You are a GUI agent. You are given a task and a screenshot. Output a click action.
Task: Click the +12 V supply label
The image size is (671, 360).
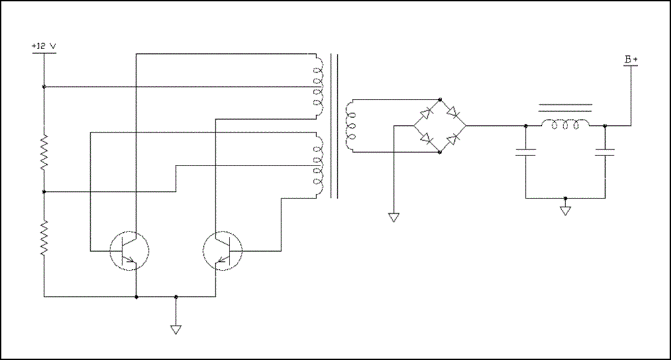click(x=44, y=46)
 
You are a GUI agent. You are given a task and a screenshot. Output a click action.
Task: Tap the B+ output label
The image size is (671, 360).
click(x=631, y=60)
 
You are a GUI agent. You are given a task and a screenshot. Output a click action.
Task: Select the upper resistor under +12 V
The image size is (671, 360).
click(x=44, y=153)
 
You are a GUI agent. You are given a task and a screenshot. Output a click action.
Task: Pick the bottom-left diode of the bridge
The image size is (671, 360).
click(x=425, y=139)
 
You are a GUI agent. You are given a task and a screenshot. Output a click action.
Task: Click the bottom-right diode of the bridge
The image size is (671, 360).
click(x=453, y=139)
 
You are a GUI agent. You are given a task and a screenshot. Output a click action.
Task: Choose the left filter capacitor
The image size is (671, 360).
click(x=525, y=152)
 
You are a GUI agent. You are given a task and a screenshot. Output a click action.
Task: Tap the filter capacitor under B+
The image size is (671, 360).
click(x=605, y=152)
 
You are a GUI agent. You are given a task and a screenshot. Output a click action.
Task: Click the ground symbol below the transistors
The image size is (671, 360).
click(x=175, y=330)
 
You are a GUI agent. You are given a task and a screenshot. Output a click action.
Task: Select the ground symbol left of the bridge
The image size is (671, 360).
click(x=394, y=217)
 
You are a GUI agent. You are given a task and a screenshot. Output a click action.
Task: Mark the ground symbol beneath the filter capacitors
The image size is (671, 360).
click(x=565, y=211)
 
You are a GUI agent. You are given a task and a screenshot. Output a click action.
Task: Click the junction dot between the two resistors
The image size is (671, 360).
click(x=44, y=192)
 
